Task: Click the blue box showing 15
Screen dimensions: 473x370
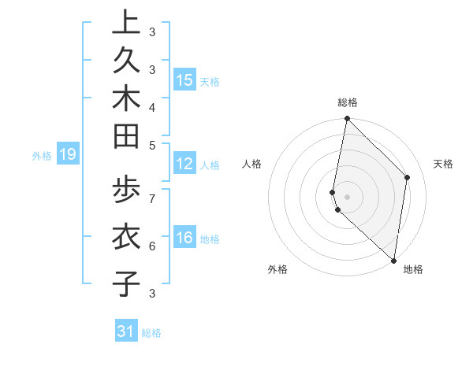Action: coord(184,80)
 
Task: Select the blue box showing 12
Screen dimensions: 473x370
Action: coord(184,164)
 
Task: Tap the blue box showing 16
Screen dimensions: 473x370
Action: coord(184,237)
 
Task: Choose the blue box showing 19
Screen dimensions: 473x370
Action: coord(68,154)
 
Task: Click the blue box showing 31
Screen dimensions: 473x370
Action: coord(126,331)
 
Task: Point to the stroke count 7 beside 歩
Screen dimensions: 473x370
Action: coord(151,198)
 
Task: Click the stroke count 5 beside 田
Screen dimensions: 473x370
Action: coord(151,144)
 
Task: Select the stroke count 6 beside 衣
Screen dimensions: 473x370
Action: coord(151,246)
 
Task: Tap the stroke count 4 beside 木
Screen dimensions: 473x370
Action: coord(151,106)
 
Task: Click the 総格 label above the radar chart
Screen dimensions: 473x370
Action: coord(348,102)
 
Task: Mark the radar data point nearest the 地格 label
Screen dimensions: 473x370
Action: coord(393,261)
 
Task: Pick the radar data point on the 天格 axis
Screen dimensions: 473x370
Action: coord(408,177)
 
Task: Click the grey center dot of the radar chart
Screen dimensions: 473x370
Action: coord(348,196)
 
